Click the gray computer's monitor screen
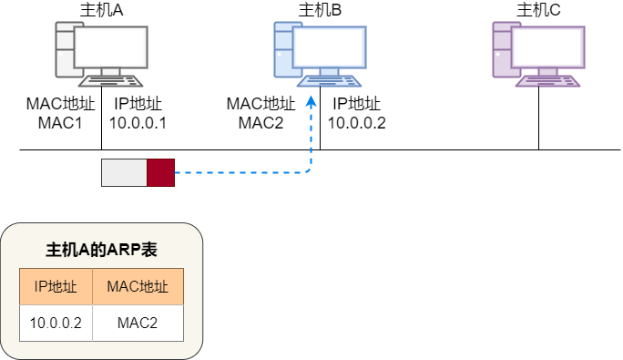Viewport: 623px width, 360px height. pyautogui.click(x=110, y=47)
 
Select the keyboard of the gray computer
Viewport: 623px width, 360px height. pyautogui.click(x=110, y=80)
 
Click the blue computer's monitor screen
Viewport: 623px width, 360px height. pyautogui.click(x=329, y=47)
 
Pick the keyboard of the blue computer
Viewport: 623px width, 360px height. pyautogui.click(x=329, y=80)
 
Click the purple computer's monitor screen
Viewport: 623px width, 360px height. pyautogui.click(x=547, y=47)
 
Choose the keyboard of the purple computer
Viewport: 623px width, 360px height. pyautogui.click(x=547, y=80)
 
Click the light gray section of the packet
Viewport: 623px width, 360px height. pyautogui.click(x=124, y=172)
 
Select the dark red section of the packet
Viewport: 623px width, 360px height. pyautogui.click(x=160, y=172)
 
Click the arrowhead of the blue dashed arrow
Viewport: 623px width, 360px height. pyautogui.click(x=311, y=100)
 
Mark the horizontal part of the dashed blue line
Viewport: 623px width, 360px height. pyautogui.click(x=237, y=171)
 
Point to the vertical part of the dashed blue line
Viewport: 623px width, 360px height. pyautogui.click(x=311, y=137)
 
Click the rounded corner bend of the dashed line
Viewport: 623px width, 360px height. pyautogui.click(x=308, y=170)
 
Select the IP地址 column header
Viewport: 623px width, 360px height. pyautogui.click(x=56, y=286)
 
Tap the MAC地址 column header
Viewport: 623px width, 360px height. pyautogui.click(x=138, y=286)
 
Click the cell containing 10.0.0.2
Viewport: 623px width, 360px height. pyautogui.click(x=56, y=323)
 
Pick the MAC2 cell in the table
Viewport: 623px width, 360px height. pyautogui.click(x=138, y=323)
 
